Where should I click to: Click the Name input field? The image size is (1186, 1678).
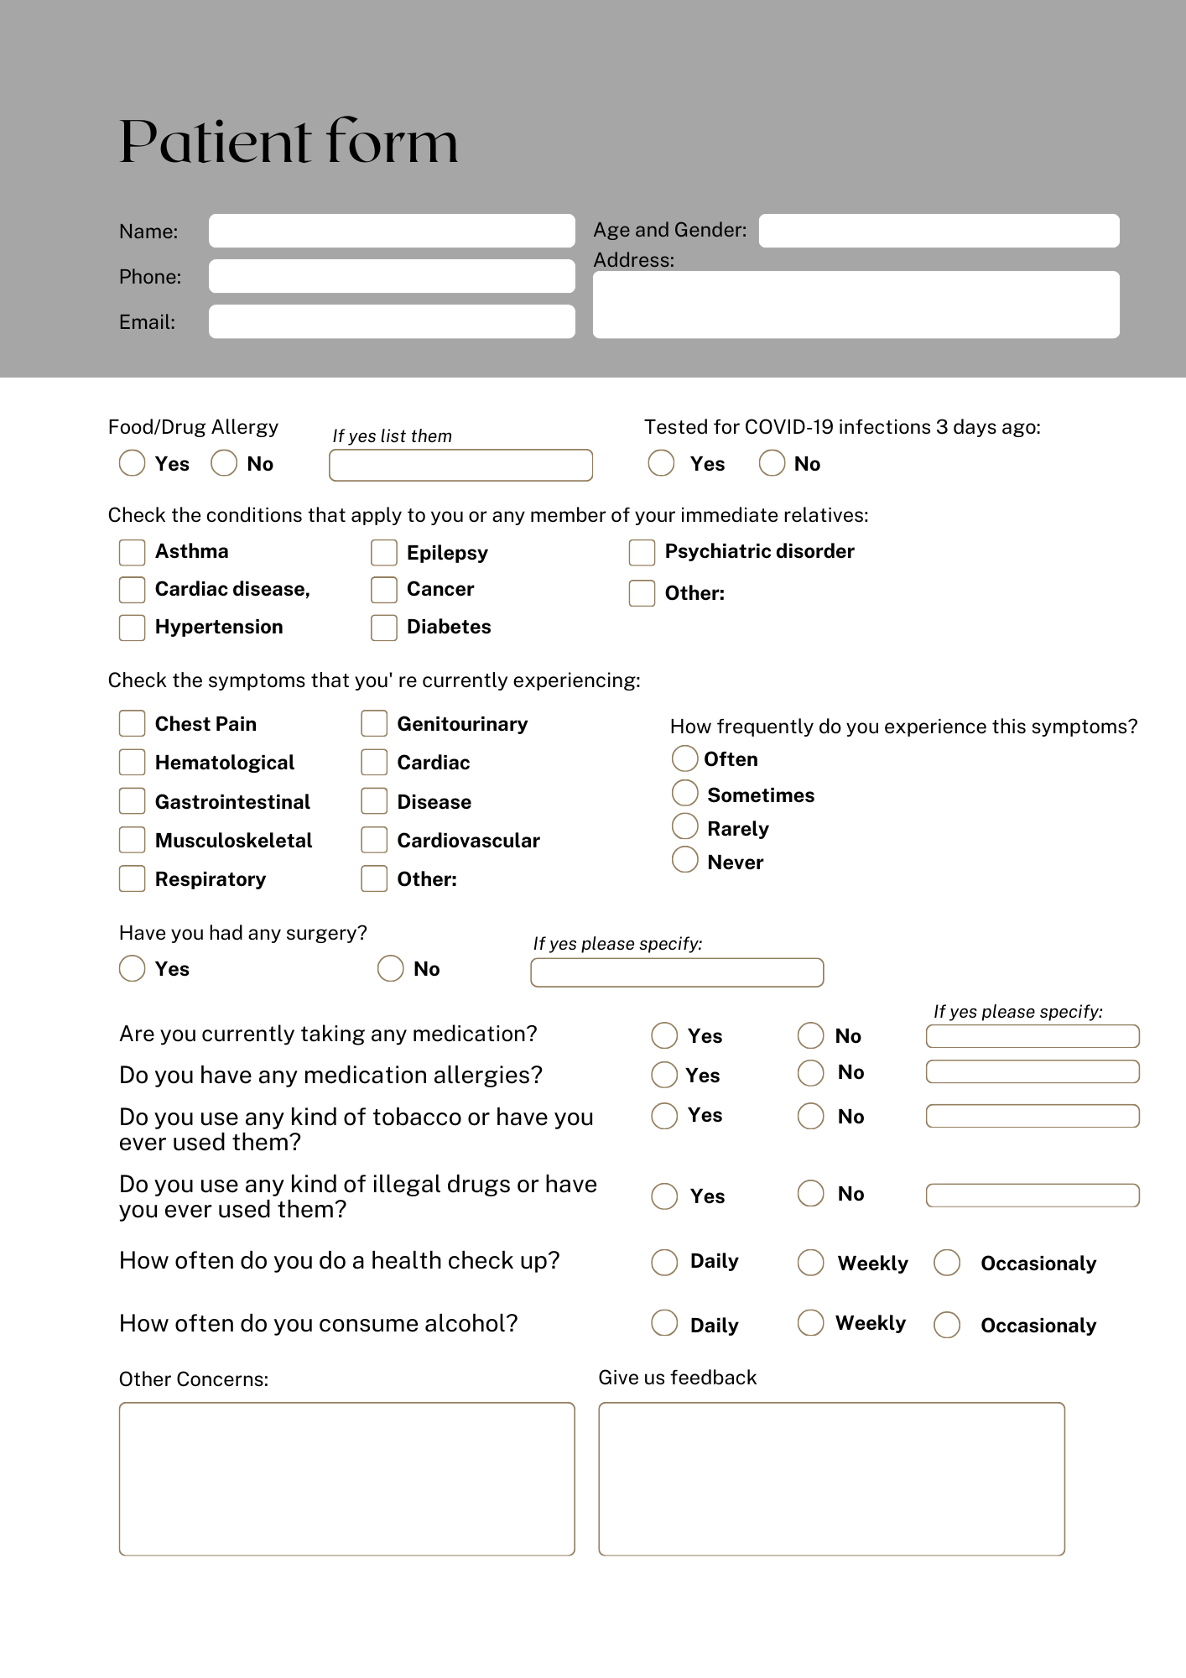click(392, 231)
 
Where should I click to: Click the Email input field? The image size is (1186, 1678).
click(392, 321)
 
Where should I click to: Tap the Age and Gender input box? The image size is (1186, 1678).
click(939, 231)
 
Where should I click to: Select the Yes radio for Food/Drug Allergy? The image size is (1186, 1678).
click(132, 463)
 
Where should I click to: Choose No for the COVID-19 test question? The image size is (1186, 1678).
click(772, 463)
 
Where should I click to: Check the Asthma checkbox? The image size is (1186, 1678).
click(132, 552)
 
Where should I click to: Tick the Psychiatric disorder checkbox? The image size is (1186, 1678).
click(642, 552)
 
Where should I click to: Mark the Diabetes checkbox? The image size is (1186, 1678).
click(384, 628)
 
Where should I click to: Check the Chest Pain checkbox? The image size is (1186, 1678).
click(132, 723)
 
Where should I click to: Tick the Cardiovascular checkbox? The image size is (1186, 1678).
click(374, 840)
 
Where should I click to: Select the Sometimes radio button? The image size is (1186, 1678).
click(685, 793)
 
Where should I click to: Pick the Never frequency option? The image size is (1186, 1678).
click(685, 859)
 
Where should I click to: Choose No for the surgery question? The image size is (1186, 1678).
click(391, 968)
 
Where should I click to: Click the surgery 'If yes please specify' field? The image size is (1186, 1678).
click(677, 972)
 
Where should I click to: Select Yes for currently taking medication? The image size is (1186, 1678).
click(664, 1035)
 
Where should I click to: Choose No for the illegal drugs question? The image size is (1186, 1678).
click(810, 1193)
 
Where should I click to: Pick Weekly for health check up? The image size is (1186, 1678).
click(810, 1263)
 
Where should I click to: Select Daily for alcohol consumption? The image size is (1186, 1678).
click(664, 1323)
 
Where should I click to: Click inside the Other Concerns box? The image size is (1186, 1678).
click(346, 1478)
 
